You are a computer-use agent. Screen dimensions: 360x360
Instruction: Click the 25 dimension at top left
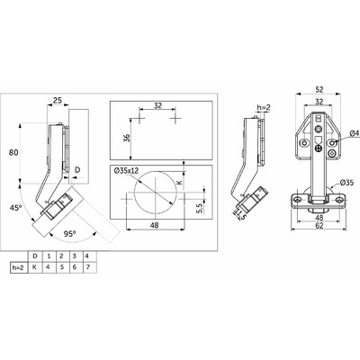tap(58, 100)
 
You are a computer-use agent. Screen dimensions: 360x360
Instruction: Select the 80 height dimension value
tap(13, 152)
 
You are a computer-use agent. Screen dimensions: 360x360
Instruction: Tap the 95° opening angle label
tap(69, 233)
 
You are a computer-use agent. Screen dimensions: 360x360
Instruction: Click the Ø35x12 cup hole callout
tap(126, 171)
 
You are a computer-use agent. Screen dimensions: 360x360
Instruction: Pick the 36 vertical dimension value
tap(127, 138)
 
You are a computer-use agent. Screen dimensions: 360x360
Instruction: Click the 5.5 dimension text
tap(201, 207)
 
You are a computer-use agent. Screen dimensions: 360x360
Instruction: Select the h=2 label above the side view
tap(264, 107)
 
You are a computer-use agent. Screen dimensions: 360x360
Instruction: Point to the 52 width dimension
tap(319, 89)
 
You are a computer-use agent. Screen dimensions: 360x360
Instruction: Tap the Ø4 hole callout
tap(355, 132)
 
